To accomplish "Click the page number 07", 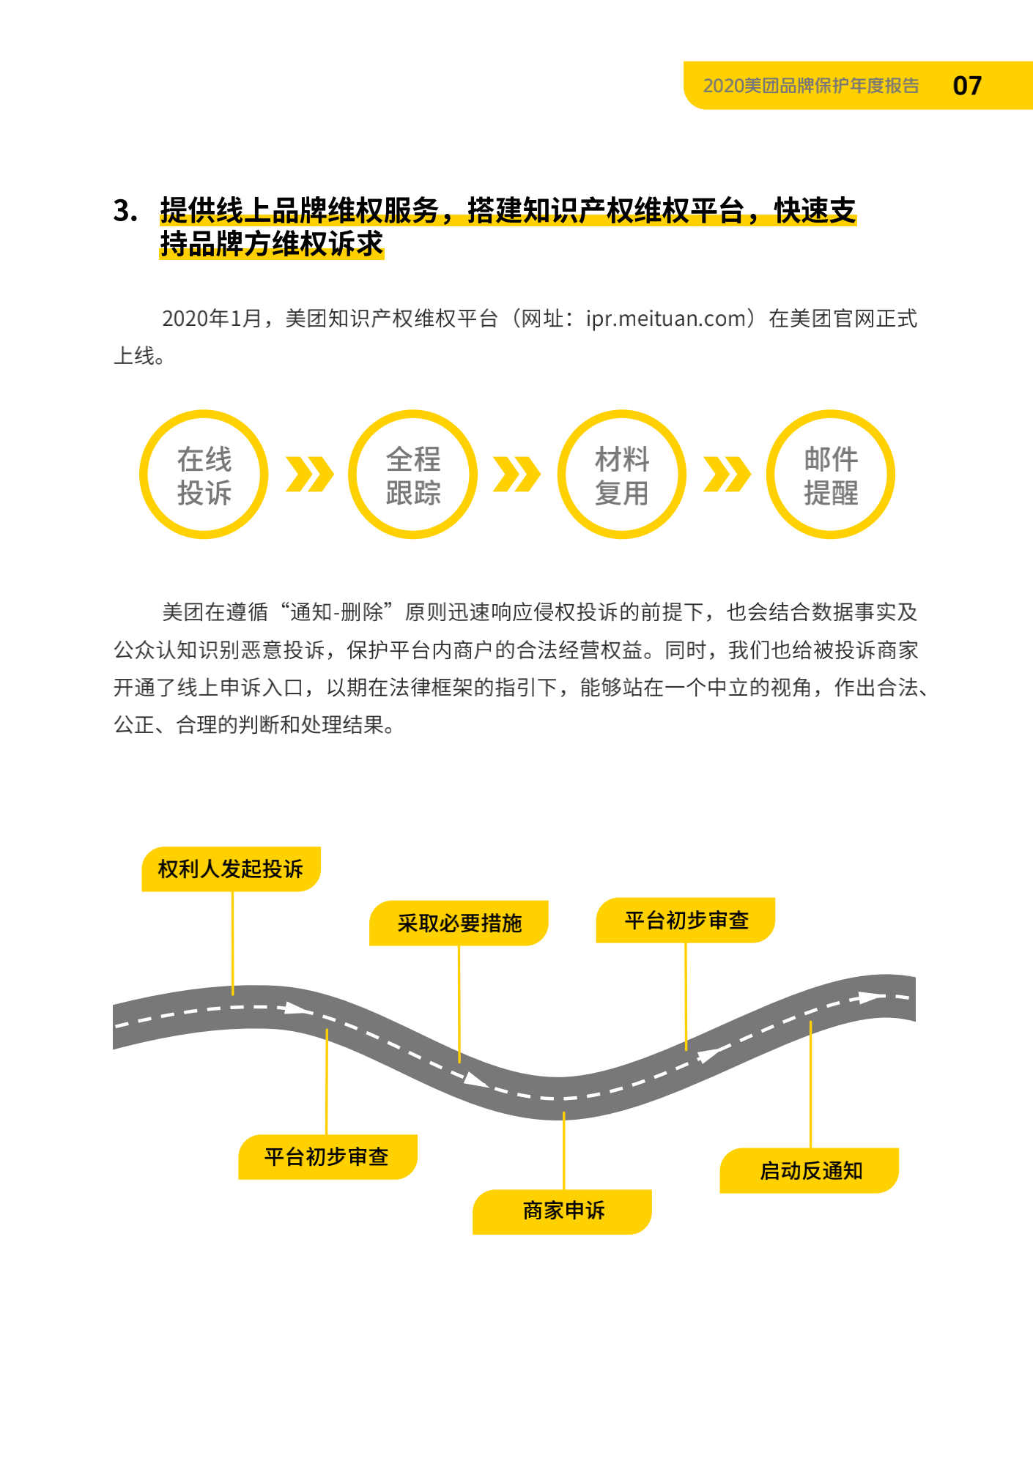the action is (x=967, y=86).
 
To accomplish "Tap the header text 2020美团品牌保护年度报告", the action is (x=811, y=86).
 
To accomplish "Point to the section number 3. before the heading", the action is (x=125, y=211).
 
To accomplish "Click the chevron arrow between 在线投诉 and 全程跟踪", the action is (x=309, y=475).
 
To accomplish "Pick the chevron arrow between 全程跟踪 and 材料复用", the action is (x=517, y=475).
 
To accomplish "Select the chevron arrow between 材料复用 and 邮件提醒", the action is (x=727, y=475).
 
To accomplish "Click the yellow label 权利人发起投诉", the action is (x=231, y=869).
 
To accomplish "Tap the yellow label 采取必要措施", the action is (x=459, y=923).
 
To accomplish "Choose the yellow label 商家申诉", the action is (x=563, y=1212).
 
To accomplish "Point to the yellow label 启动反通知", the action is (x=810, y=1171).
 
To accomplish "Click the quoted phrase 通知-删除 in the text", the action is (x=337, y=612).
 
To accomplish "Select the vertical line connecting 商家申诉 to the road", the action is (x=563, y=1150).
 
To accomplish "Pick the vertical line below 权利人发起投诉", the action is (x=233, y=943).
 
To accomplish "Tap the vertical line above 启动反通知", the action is (x=810, y=1085).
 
